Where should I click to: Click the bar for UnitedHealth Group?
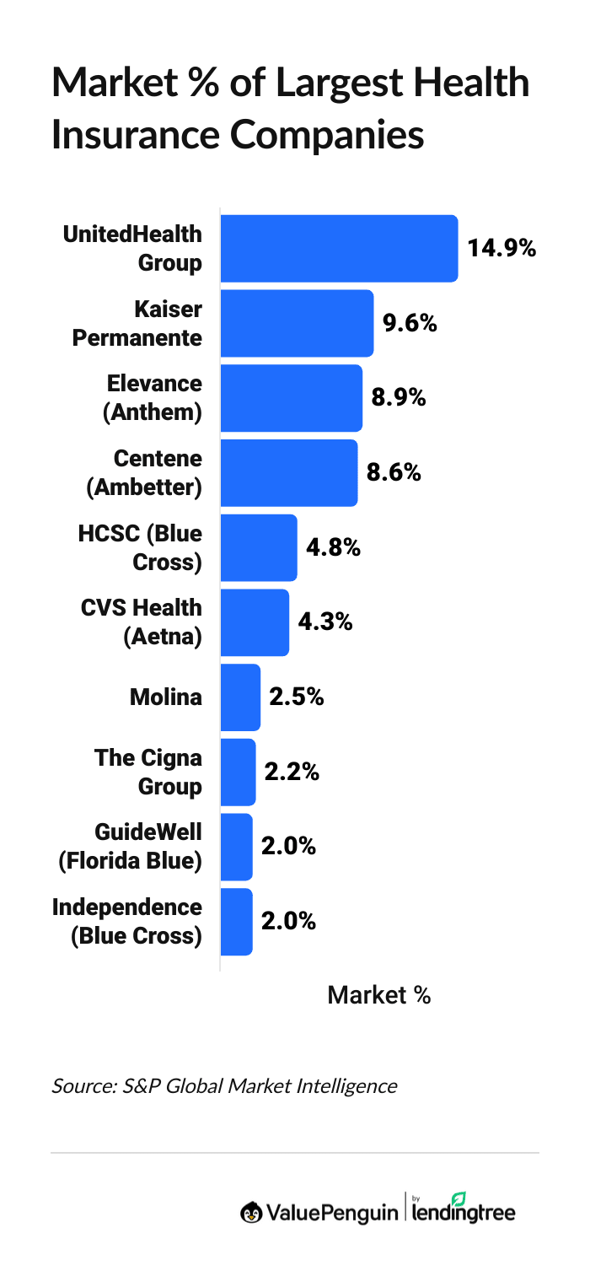[x=339, y=248]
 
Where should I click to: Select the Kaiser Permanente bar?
[x=297, y=323]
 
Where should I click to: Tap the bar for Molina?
[x=240, y=697]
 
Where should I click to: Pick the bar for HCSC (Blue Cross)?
[x=259, y=547]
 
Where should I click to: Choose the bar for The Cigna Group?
[x=238, y=772]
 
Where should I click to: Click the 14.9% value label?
[x=502, y=248]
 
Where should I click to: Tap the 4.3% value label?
[x=325, y=622]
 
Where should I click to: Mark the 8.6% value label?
[x=394, y=473]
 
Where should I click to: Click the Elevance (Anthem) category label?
[x=152, y=398]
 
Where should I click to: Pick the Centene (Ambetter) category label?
[x=144, y=473]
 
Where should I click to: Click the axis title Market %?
[x=379, y=996]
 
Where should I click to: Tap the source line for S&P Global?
[x=224, y=1085]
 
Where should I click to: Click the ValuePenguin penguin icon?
[x=251, y=1213]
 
